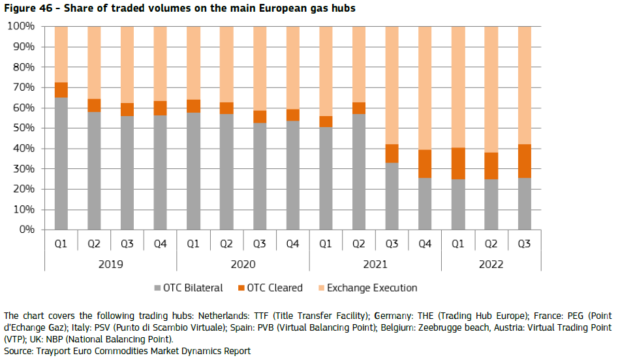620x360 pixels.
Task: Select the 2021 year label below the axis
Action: tap(375, 264)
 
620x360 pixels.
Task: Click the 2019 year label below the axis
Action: tap(110, 264)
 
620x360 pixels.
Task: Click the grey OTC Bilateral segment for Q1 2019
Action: tap(61, 163)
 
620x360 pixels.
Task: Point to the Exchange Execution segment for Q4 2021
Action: tap(425, 88)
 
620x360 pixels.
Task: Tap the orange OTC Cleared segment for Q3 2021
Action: tap(392, 153)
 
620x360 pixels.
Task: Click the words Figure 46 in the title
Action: tap(26, 8)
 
